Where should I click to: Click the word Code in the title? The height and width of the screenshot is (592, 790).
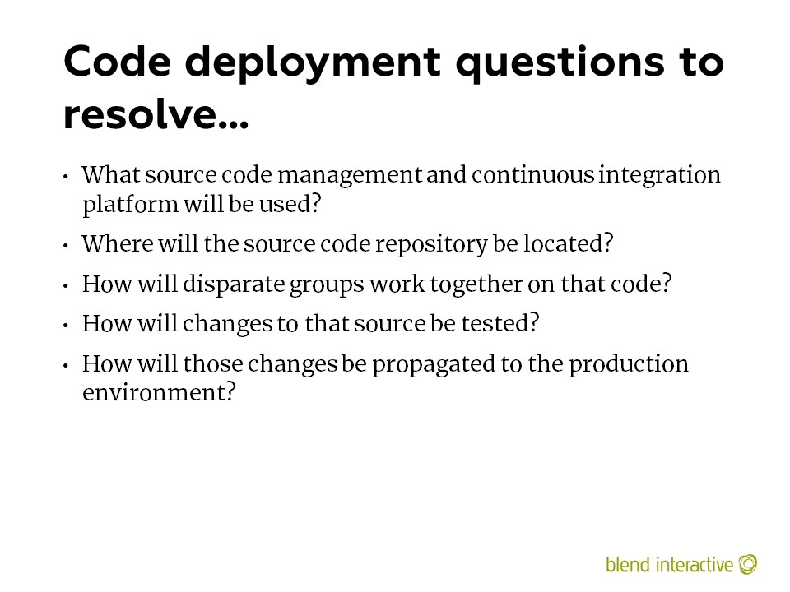118,62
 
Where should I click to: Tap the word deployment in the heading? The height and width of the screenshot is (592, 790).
313,64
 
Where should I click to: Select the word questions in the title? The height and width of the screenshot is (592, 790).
560,64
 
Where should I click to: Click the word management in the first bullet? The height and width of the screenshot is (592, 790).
350,176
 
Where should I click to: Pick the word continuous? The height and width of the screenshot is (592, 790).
532,174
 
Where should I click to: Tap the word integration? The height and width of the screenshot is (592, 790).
659,176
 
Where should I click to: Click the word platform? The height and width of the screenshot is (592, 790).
130,205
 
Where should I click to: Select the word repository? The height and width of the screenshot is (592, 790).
431,245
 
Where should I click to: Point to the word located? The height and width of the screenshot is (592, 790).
568,243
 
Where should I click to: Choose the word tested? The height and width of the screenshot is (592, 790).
500,323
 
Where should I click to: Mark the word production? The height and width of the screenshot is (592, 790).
628,364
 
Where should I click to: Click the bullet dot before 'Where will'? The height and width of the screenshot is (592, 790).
66,246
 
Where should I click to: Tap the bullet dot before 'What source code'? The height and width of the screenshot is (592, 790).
66,177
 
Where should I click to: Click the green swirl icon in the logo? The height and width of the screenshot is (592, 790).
748,564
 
